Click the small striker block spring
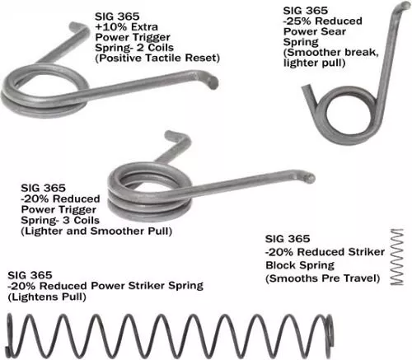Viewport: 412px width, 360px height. click(x=397, y=257)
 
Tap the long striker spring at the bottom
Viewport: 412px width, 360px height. click(x=171, y=335)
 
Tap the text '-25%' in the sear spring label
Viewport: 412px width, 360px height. click(x=297, y=21)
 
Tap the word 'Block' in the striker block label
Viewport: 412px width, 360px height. click(x=280, y=265)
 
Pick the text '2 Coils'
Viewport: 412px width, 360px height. click(x=155, y=48)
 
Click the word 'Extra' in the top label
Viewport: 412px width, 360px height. click(x=144, y=27)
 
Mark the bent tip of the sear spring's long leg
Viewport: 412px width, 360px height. click(x=403, y=6)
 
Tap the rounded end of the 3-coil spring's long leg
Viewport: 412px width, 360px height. click(x=310, y=178)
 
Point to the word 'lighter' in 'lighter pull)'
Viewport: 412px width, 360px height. click(x=301, y=63)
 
